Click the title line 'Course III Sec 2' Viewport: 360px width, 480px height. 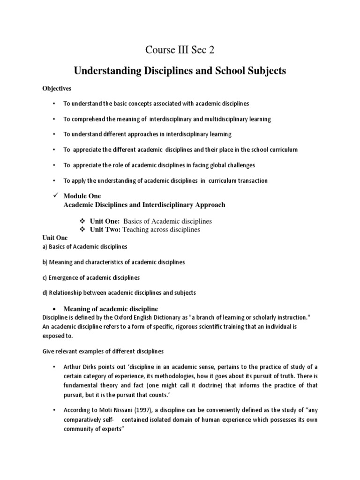tap(180, 50)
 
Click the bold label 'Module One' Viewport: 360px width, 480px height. tap(82, 196)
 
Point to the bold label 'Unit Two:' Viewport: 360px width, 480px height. tap(106, 229)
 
